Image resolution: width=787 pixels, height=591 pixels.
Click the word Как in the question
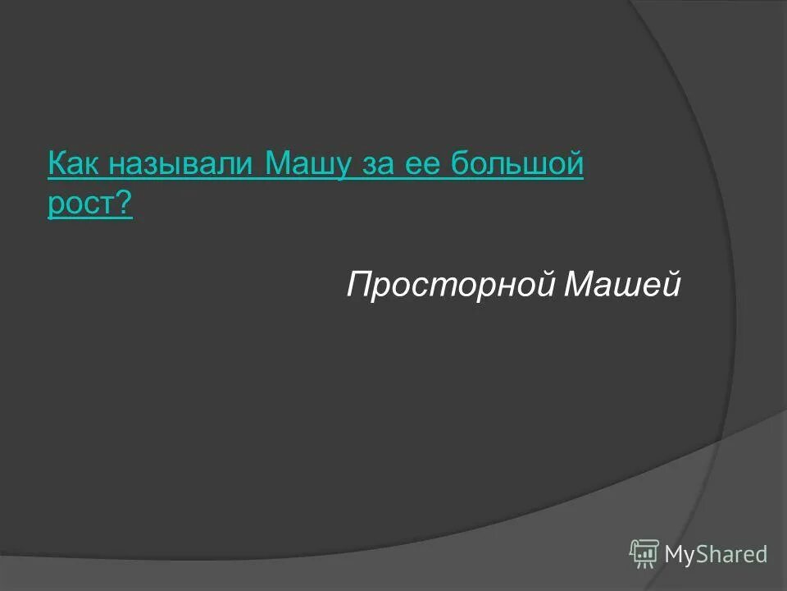(74, 165)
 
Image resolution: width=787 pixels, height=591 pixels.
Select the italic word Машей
(624, 285)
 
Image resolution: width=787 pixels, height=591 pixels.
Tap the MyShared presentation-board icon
(644, 552)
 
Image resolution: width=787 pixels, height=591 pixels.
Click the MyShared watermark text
(716, 554)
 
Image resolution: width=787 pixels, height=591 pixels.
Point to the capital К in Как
(57, 165)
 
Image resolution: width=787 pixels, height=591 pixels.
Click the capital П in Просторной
(358, 285)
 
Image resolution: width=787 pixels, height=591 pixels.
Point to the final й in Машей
(672, 285)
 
